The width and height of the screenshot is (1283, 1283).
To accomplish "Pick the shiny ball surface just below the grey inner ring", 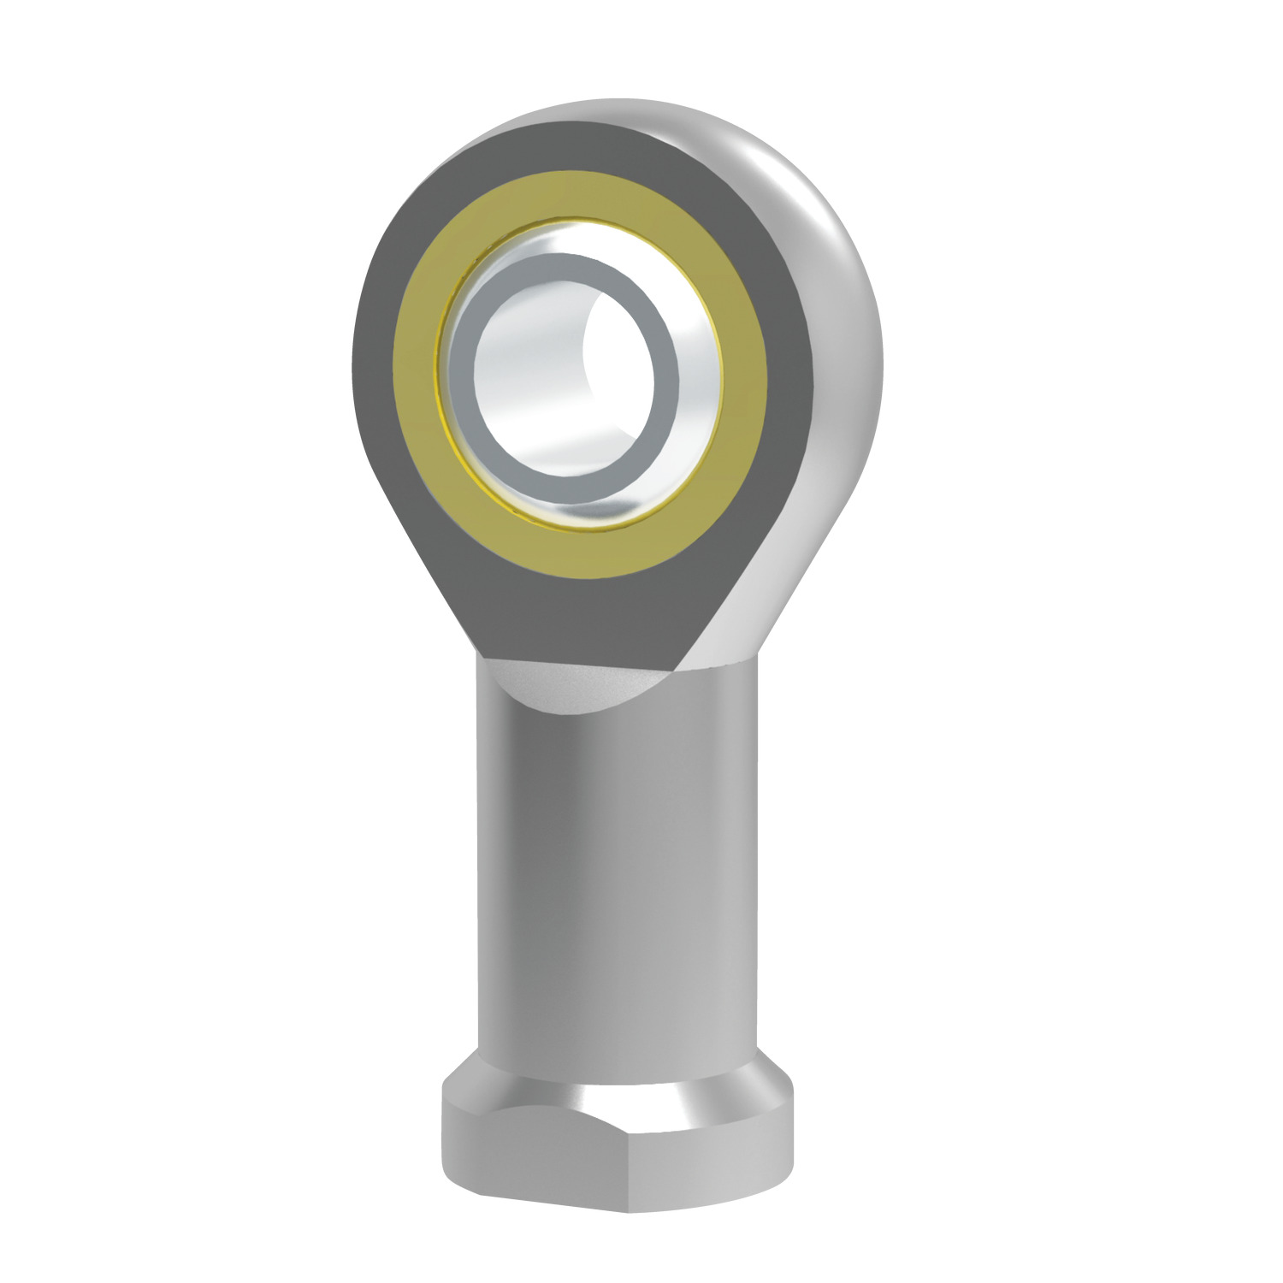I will [x=582, y=509].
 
